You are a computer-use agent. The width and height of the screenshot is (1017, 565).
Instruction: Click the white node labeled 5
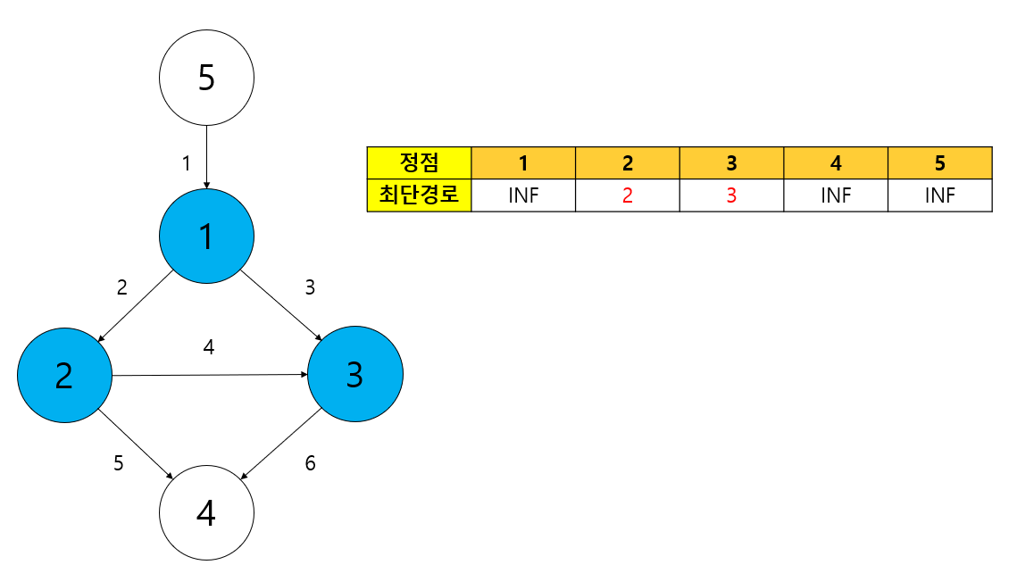(206, 78)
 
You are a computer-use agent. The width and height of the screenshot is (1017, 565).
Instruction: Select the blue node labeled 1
(206, 237)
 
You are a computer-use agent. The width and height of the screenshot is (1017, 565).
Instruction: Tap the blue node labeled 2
(64, 375)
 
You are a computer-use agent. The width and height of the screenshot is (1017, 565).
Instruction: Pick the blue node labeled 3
(354, 375)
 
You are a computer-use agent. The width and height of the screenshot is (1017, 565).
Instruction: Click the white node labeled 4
(206, 512)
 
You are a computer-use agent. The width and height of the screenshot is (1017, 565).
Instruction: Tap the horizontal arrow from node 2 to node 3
(210, 375)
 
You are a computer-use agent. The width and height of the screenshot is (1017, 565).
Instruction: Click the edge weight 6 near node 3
(310, 463)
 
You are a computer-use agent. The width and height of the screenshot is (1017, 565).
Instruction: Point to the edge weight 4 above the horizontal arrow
(209, 347)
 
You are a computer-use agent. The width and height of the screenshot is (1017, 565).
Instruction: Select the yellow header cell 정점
(419, 162)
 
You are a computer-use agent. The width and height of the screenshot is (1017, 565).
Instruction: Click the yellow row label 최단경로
(419, 195)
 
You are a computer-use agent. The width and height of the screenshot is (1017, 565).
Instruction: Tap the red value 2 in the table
(628, 195)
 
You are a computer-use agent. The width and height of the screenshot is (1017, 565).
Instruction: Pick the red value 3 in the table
(731, 195)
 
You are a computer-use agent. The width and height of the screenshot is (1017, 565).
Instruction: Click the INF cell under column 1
(523, 195)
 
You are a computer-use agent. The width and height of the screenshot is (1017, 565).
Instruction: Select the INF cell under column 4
(836, 195)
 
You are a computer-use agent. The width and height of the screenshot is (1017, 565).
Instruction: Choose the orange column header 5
(940, 162)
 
